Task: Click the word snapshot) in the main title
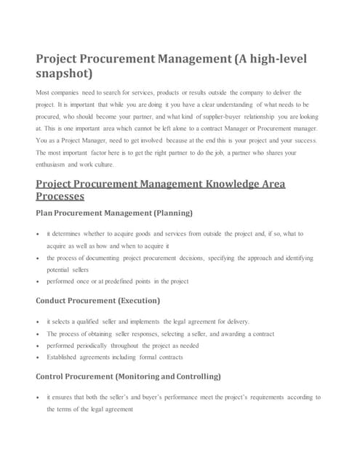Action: [64, 74]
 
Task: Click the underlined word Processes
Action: [60, 196]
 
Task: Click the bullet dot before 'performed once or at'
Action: [38, 282]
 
